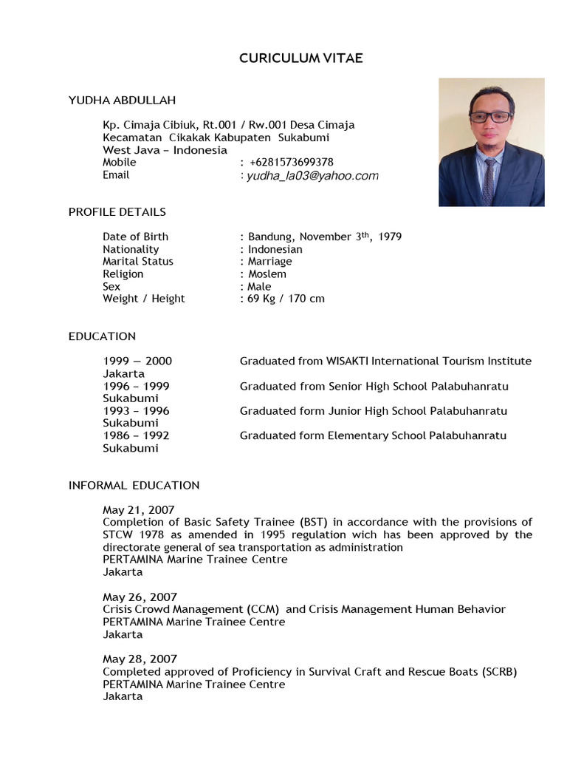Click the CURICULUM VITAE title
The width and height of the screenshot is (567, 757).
[301, 58]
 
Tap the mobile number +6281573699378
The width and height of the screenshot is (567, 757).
[291, 162]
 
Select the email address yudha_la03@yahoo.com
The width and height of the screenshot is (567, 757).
[312, 176]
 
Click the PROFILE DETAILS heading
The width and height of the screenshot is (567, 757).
[117, 212]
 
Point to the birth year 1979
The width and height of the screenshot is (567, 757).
[389, 237]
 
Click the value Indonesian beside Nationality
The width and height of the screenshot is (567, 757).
[275, 249]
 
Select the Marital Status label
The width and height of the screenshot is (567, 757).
[138, 262]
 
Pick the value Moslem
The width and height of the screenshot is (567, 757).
[267, 274]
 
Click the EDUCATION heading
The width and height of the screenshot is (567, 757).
[102, 336]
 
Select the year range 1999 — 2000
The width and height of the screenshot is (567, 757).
[137, 361]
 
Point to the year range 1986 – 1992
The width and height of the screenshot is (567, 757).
[136, 436]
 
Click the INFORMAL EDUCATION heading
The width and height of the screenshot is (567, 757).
[134, 486]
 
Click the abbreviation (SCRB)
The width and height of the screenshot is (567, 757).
[499, 672]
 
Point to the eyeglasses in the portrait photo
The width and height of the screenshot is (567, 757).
[489, 117]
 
